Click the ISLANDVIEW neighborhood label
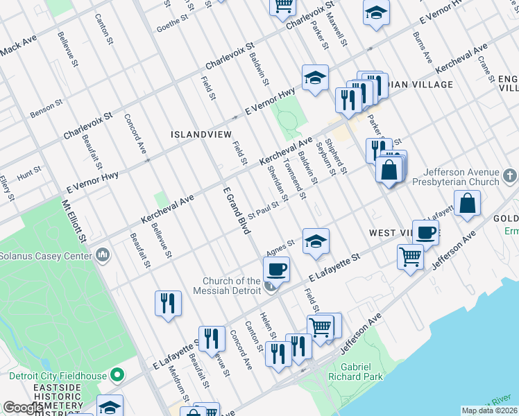tap(201, 133)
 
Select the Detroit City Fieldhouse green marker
tap(117, 376)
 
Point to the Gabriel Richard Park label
tap(361, 371)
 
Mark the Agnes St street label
tap(281, 248)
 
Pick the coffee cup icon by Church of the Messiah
tap(277, 269)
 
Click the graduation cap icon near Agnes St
tap(316, 241)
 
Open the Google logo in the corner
tap(22, 408)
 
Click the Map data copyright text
tap(489, 410)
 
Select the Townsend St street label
tap(294, 179)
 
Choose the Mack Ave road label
tap(19, 49)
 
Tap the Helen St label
tap(267, 326)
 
